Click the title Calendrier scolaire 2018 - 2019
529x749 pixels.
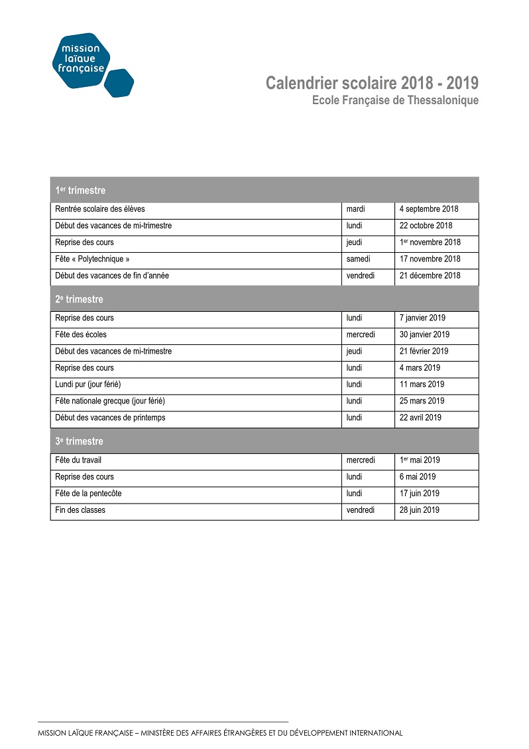pos(372,84)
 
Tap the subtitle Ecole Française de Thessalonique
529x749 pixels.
pos(395,100)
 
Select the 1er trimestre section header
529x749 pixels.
pos(80,190)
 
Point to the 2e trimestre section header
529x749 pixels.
pos(80,299)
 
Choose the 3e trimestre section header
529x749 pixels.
pos(80,441)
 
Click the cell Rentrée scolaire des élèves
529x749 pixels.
pos(100,209)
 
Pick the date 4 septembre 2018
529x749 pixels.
pos(429,209)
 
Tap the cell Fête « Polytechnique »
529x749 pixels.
pos(92,259)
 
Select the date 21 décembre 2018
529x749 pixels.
pos(430,275)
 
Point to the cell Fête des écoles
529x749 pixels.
pos(81,334)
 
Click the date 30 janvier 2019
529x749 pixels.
pos(424,334)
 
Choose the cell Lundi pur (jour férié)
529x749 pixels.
pos(88,384)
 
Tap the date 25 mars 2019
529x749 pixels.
pos(422,401)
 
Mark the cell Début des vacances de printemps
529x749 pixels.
pos(110,417)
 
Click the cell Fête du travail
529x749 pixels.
pos(78,460)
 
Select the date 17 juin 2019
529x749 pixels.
pos(420,493)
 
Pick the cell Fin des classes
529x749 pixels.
pos(80,510)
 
